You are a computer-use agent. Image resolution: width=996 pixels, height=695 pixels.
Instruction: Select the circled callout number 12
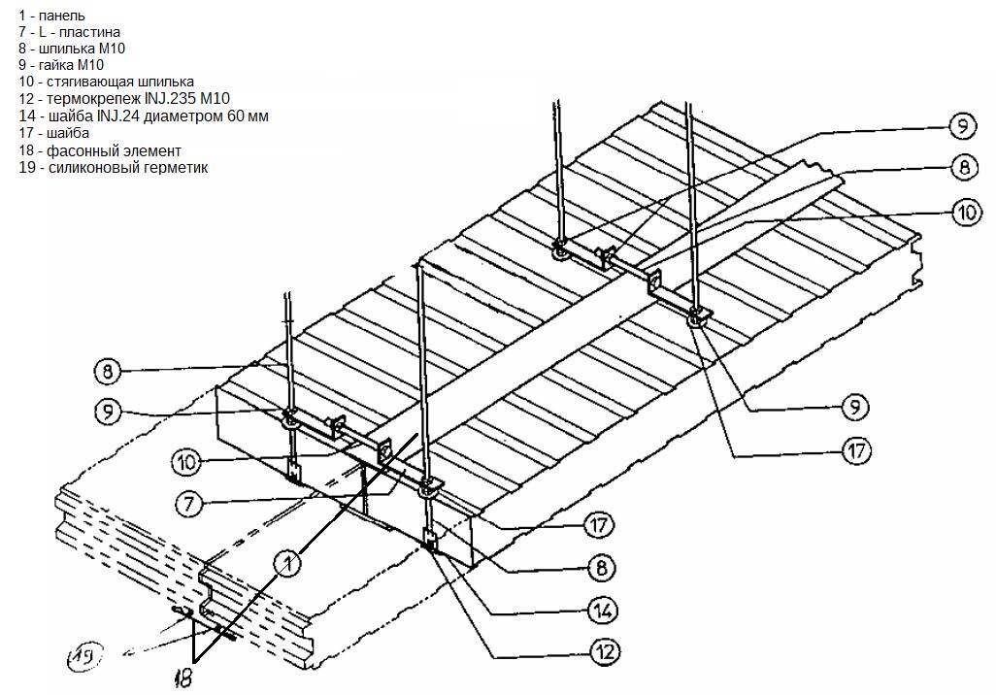coord(602,650)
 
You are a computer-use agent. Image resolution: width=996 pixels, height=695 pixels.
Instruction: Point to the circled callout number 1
coord(288,560)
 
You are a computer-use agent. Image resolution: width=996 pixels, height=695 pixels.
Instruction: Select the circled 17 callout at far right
coord(854,450)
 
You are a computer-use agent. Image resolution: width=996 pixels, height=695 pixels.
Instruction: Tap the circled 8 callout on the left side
coord(107,370)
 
